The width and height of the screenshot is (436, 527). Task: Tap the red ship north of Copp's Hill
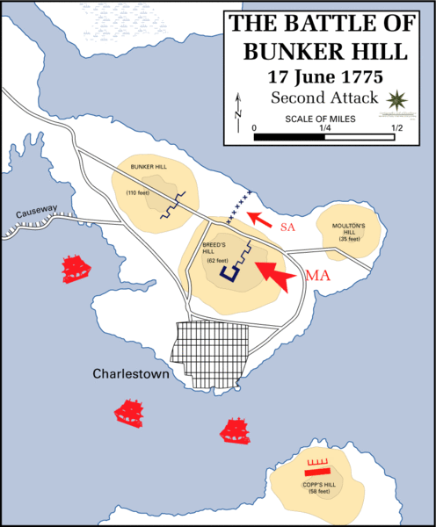236,430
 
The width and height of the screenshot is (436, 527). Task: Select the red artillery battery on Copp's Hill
316,466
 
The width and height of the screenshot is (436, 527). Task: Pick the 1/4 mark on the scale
325,127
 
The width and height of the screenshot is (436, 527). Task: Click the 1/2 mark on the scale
397,127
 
